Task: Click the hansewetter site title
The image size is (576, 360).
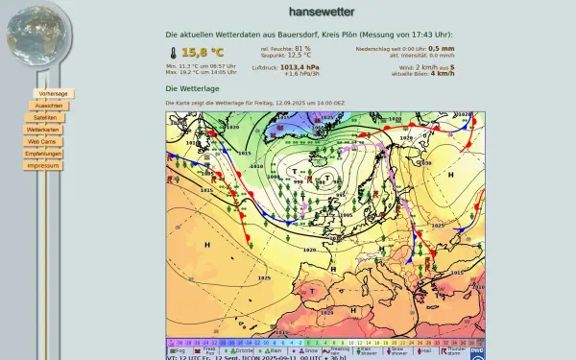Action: pos(322,12)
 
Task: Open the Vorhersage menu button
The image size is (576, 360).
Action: pos(53,93)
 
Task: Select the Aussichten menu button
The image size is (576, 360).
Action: pos(48,106)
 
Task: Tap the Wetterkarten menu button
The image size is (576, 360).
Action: pos(43,129)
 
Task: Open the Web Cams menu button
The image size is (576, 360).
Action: pos(43,141)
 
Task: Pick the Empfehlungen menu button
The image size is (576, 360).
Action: pos(43,154)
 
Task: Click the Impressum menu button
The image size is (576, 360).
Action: pos(43,165)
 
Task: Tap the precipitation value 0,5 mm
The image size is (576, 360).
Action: pos(441,48)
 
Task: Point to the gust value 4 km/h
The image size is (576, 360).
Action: pos(443,74)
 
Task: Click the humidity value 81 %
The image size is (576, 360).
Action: pos(302,48)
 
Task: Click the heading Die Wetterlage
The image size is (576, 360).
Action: pos(192,88)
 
